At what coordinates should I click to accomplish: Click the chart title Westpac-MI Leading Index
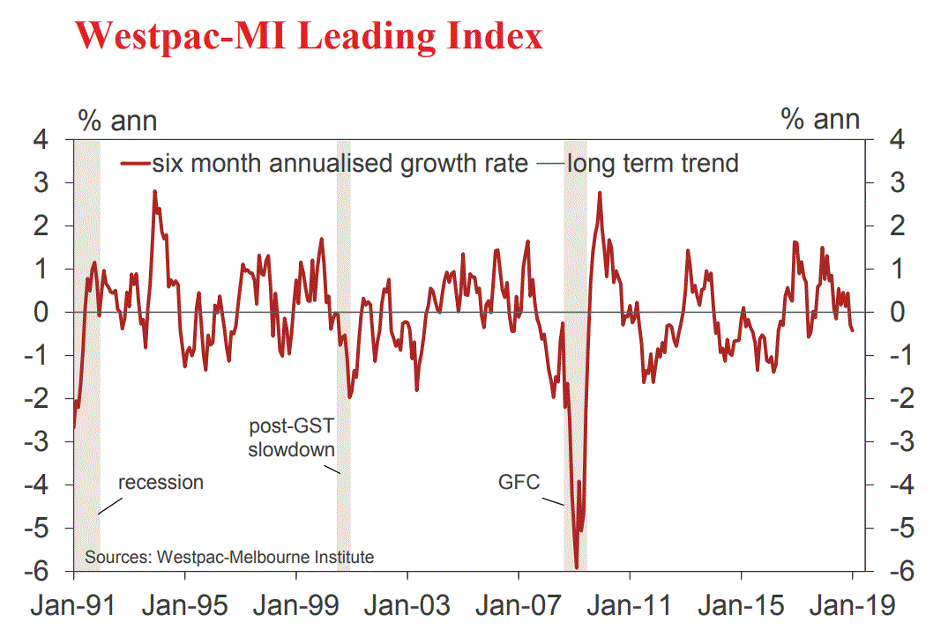pyautogui.click(x=309, y=37)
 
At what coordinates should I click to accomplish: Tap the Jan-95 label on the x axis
pyautogui.click(x=184, y=607)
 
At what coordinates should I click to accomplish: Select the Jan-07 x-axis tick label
pyautogui.click(x=519, y=607)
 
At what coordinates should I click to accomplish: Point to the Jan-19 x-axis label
pyautogui.click(x=852, y=607)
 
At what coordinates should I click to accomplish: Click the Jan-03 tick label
pyautogui.click(x=407, y=607)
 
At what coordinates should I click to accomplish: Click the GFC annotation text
pyautogui.click(x=519, y=482)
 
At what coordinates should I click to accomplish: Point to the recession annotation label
pyautogui.click(x=160, y=482)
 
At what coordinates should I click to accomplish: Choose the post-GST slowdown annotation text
pyautogui.click(x=292, y=438)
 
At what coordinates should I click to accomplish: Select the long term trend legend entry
pyautogui.click(x=653, y=163)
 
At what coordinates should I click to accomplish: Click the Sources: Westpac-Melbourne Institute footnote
pyautogui.click(x=229, y=557)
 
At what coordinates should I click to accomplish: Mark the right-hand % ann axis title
pyautogui.click(x=820, y=118)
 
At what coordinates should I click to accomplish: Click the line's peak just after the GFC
pyautogui.click(x=600, y=193)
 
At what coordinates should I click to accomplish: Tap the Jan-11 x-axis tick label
pyautogui.click(x=630, y=607)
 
